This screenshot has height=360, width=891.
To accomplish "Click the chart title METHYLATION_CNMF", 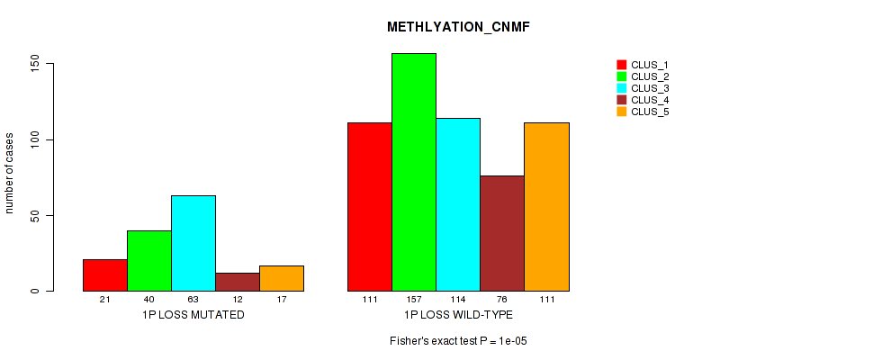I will (x=458, y=27).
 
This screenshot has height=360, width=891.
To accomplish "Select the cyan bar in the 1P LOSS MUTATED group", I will (x=193, y=243).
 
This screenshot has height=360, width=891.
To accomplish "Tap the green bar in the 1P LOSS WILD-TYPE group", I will (x=414, y=172).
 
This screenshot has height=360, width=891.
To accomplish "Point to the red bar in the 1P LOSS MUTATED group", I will (x=105, y=275).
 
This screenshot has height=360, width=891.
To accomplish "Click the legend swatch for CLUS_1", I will (x=621, y=65).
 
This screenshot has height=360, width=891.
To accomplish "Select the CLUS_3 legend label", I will (x=650, y=88).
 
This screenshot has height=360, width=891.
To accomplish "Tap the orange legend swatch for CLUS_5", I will (x=621, y=112).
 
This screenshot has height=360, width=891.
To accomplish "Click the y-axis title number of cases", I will (x=10, y=173).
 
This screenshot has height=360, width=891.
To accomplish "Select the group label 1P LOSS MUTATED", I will (x=193, y=314).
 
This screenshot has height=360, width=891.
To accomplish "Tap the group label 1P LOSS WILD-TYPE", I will (x=458, y=314).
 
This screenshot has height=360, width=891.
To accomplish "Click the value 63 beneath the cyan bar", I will (x=193, y=299).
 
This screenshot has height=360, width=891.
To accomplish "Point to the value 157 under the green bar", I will (x=414, y=299).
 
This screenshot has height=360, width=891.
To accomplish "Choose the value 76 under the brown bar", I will (x=502, y=299).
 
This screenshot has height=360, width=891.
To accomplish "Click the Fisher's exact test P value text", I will (x=458, y=341).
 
